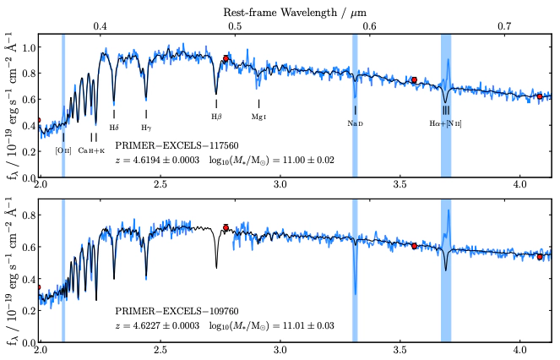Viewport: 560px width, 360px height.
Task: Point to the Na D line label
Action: (355, 123)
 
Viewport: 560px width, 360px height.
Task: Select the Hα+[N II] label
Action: (445, 123)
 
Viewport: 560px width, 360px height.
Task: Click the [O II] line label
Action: (63, 150)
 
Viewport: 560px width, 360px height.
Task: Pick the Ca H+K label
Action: (92, 150)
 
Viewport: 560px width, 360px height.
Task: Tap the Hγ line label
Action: (146, 127)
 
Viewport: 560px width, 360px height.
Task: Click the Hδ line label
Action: (114, 127)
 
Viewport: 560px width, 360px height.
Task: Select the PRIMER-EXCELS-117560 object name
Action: (165, 145)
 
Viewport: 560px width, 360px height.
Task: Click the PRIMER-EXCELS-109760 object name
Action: (165, 311)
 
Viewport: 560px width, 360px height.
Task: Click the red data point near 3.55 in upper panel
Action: (414, 79)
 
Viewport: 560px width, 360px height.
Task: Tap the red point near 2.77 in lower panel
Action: (226, 227)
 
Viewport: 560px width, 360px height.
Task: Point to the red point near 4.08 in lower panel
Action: (540, 256)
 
